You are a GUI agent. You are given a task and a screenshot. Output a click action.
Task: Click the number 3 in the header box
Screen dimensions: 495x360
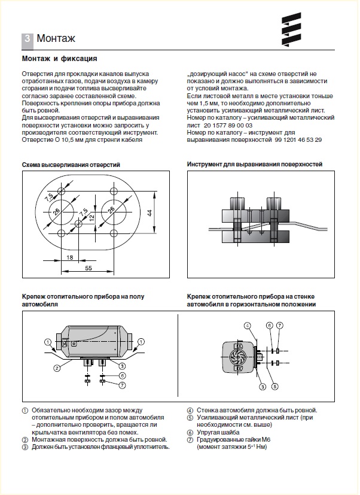click(28, 40)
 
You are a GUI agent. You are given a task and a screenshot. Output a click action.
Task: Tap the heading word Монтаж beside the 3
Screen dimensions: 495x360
click(56, 40)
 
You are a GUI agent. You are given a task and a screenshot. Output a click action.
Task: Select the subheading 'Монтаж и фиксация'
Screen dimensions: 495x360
click(59, 59)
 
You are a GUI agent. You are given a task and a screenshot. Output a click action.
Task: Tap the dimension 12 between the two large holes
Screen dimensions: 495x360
click(91, 217)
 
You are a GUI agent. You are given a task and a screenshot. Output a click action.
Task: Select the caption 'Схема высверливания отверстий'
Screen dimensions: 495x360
click(71, 164)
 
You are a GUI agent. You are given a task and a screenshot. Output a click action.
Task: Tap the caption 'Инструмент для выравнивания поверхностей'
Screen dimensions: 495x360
click(255, 164)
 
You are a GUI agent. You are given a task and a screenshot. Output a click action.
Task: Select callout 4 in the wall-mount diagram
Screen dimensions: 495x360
click(246, 325)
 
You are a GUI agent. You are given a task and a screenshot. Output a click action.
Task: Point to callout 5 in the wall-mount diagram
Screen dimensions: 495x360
click(275, 386)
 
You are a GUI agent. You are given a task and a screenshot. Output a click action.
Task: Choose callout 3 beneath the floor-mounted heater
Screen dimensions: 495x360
click(122, 366)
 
